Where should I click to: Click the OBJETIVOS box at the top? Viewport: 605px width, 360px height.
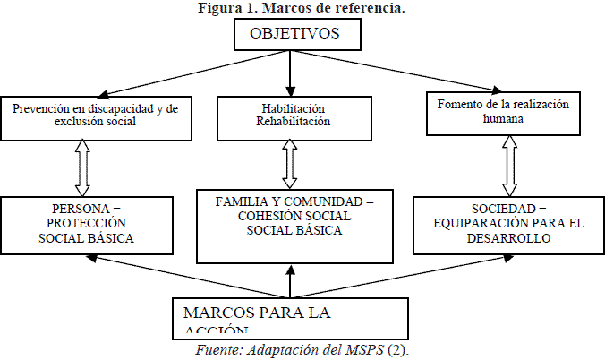(294, 35)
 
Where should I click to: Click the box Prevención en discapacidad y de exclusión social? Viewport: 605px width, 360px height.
(96, 116)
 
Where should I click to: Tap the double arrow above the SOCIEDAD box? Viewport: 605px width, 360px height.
(509, 165)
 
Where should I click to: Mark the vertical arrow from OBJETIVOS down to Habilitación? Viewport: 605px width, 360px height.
(290, 70)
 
